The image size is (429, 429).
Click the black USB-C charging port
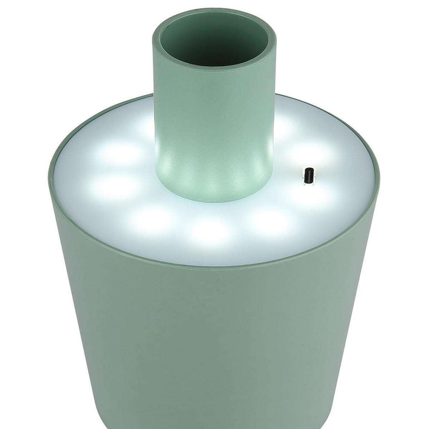pos(308,176)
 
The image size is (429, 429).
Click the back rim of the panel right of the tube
pos(322,107)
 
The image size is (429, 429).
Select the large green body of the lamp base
pos(214,340)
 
